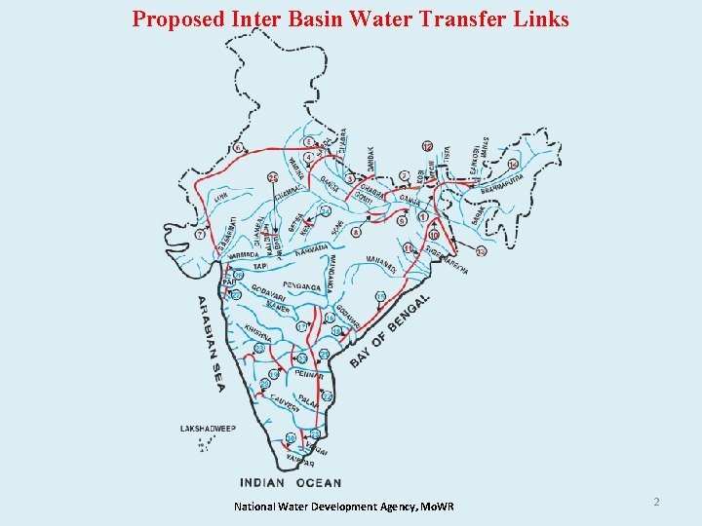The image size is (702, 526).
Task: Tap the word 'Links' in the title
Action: tap(535, 19)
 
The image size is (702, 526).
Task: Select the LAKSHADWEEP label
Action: tap(208, 428)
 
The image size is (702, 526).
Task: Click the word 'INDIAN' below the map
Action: tap(262, 482)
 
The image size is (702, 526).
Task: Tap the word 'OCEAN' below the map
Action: tap(318, 482)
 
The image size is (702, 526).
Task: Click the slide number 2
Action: tap(656, 502)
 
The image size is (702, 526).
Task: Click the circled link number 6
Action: tap(237, 148)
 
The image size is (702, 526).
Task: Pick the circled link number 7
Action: tap(200, 235)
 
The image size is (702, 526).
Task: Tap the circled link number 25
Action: tap(272, 177)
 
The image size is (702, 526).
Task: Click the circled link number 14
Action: tap(513, 164)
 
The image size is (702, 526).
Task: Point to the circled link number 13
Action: tap(481, 251)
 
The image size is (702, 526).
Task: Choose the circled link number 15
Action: tap(380, 296)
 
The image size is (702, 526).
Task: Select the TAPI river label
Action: tap(260, 266)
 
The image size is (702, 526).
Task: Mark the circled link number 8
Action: tap(357, 232)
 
